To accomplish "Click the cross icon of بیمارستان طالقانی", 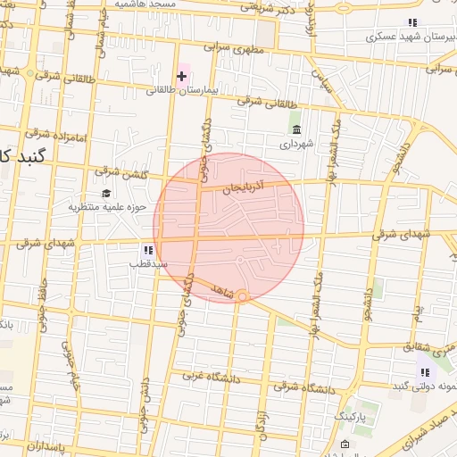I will (x=182, y=77).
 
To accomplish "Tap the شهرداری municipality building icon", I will (x=295, y=129).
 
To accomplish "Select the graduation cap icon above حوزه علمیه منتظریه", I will (x=106, y=194).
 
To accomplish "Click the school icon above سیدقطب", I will (x=147, y=250).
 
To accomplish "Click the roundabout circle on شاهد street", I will (x=241, y=296).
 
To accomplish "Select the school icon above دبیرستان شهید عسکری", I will (x=411, y=22).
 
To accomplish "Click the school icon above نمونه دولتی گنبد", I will (x=425, y=372).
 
